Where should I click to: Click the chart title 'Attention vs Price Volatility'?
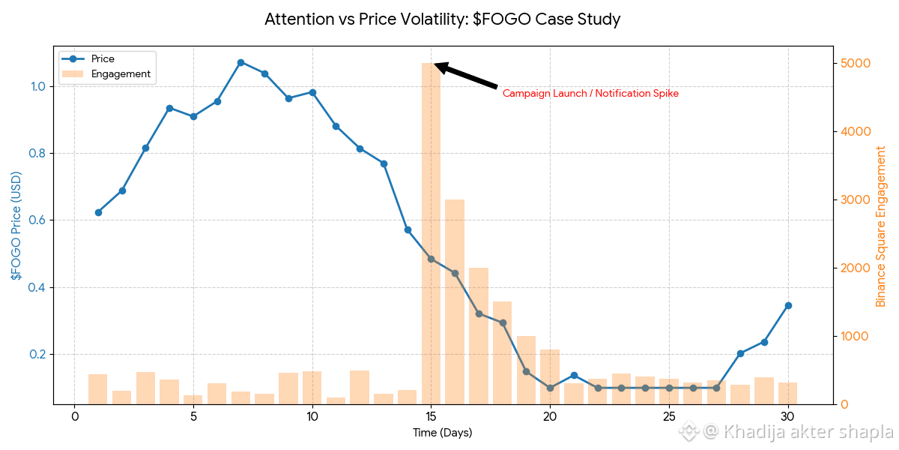click(x=442, y=19)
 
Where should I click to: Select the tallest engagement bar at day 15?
click(x=431, y=232)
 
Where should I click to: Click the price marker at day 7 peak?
click(x=240, y=62)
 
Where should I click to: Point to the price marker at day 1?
click(x=98, y=212)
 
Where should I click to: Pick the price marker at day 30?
click(x=788, y=305)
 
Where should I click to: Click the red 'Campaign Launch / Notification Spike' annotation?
click(x=590, y=94)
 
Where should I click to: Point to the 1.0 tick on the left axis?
click(x=38, y=86)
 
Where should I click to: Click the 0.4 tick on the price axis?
click(x=38, y=287)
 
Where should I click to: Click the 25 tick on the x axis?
click(x=669, y=417)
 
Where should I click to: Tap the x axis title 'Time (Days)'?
click(x=442, y=433)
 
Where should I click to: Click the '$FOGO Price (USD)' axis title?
click(x=16, y=226)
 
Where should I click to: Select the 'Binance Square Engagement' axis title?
click(x=881, y=226)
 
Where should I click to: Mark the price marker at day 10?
click(x=312, y=92)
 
